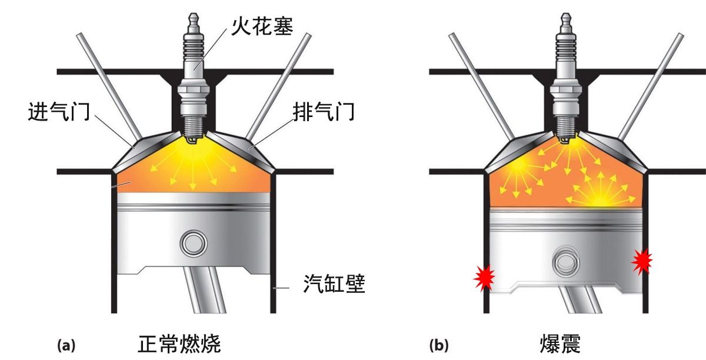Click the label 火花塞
coord(262,24)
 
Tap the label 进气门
coord(58,111)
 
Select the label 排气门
coord(324,111)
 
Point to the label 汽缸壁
coord(334,285)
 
